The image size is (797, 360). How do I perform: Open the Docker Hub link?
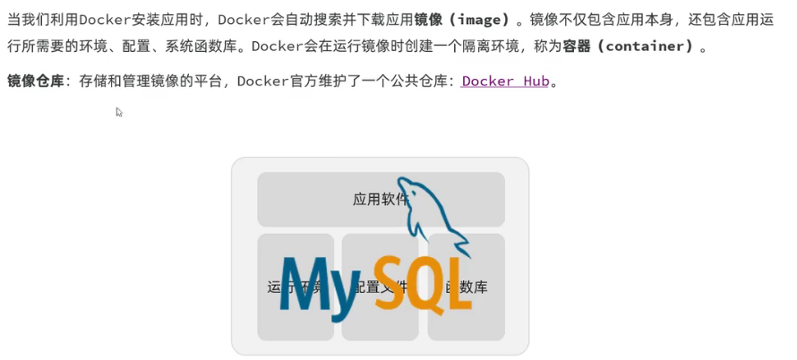pos(505,81)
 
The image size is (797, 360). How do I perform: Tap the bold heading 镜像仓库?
pos(36,81)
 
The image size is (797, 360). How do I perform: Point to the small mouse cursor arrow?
pos(118,111)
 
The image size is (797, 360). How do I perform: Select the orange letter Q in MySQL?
pos(426,285)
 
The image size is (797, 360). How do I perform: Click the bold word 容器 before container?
pos(577,46)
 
